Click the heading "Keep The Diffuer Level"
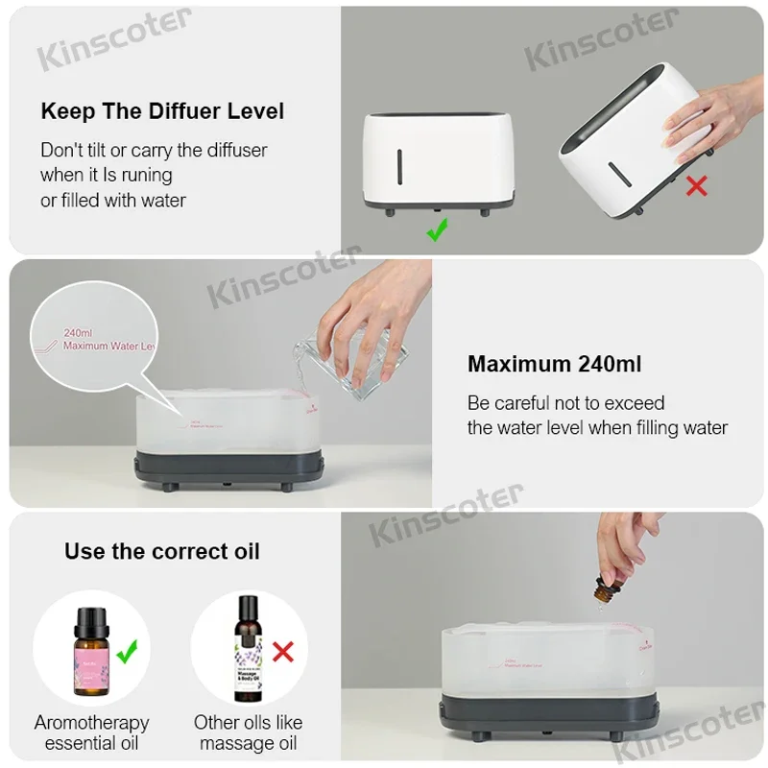162,111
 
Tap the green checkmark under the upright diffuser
437,229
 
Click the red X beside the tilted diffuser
696,184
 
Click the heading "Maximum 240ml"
554,364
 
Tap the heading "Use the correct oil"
161,551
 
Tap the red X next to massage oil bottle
283,653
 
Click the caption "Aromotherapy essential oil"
92,732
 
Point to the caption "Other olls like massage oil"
248,732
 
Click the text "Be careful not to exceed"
565,402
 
